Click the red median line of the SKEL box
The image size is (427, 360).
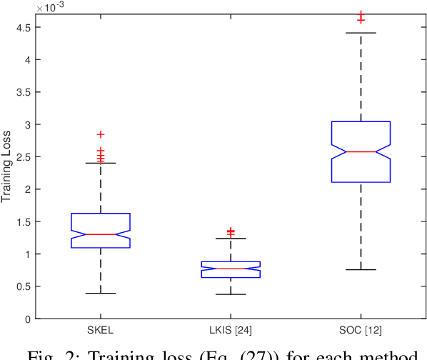coord(101,234)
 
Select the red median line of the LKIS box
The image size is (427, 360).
coord(231,269)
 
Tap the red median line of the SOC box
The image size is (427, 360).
coord(361,151)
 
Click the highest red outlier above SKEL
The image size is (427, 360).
coord(101,134)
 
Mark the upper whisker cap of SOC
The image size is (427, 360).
coord(361,33)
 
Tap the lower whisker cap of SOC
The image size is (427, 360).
coord(361,269)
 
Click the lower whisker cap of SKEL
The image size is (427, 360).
coord(101,293)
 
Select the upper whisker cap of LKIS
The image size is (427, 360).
coord(231,239)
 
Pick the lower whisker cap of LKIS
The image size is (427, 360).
coord(231,294)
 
